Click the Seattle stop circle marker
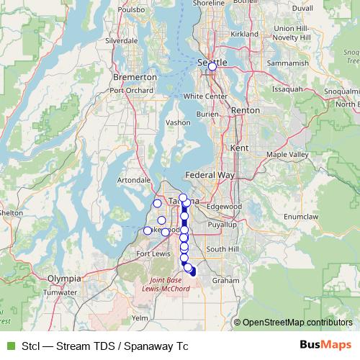[212, 66]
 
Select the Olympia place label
[63, 277]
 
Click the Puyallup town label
[220, 225]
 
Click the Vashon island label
[178, 123]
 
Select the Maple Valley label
[287, 155]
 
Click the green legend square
[9, 346]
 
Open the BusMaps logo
[326, 345]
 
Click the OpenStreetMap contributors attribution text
[297, 323]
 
